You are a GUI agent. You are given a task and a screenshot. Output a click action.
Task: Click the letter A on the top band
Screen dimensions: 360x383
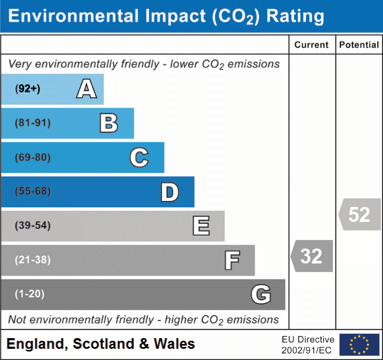coord(86,89)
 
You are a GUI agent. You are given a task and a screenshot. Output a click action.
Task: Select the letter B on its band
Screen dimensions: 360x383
coord(109,123)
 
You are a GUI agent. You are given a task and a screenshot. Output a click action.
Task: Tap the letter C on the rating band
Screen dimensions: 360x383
coord(139,157)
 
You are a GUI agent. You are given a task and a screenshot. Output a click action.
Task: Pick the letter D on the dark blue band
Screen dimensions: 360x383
coord(169,192)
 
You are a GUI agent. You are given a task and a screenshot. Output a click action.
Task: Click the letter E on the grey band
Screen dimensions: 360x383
coord(201,226)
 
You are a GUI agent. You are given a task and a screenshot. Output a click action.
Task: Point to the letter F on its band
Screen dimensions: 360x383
coord(232,261)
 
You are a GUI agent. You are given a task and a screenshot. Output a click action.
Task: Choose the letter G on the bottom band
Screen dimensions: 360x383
coord(261,294)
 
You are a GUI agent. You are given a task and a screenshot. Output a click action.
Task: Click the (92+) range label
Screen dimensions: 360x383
coord(28,89)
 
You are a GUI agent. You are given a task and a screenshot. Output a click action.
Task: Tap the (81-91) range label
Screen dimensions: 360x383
coord(32,123)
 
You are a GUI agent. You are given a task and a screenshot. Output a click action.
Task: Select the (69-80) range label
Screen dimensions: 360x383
coord(32,157)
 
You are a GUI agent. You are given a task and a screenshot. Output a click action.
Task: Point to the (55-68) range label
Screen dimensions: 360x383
coord(32,191)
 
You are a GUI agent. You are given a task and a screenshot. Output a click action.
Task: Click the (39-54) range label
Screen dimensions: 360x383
coord(32,226)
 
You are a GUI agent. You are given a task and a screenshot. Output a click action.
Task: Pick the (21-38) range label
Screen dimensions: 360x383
coord(32,260)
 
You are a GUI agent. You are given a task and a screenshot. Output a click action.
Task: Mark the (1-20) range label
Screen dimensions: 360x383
coord(29,294)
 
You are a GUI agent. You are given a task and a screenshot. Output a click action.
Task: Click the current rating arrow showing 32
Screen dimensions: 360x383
coord(312,256)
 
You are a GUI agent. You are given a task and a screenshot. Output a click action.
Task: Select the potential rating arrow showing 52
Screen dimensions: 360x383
coord(360,214)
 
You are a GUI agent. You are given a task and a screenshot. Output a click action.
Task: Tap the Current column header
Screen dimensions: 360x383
coord(312,45)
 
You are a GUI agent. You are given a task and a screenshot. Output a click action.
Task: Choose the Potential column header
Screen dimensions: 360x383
coord(359,45)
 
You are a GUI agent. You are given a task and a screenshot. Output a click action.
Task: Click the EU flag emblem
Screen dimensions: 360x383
coord(359,345)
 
